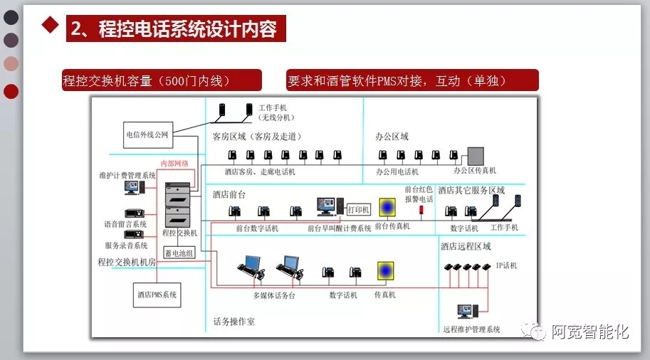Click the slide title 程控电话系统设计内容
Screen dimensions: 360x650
177,29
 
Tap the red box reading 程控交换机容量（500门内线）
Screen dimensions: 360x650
161,80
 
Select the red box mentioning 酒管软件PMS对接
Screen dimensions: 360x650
411,80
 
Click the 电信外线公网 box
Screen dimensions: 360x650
147,134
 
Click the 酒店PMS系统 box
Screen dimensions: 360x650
157,293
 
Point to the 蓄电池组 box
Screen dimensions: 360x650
179,252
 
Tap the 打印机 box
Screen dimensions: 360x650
359,209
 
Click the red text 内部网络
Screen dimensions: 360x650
175,163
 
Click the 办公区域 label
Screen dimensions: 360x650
392,136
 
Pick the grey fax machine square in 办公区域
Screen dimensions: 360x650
475,155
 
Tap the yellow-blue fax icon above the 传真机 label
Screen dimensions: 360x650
385,271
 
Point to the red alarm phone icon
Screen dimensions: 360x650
420,210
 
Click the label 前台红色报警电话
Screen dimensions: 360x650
419,194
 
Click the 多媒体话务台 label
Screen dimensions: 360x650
273,295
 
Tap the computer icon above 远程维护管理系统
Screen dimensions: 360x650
466,311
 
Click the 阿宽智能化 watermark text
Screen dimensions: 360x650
590,332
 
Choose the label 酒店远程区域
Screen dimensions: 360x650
466,246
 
